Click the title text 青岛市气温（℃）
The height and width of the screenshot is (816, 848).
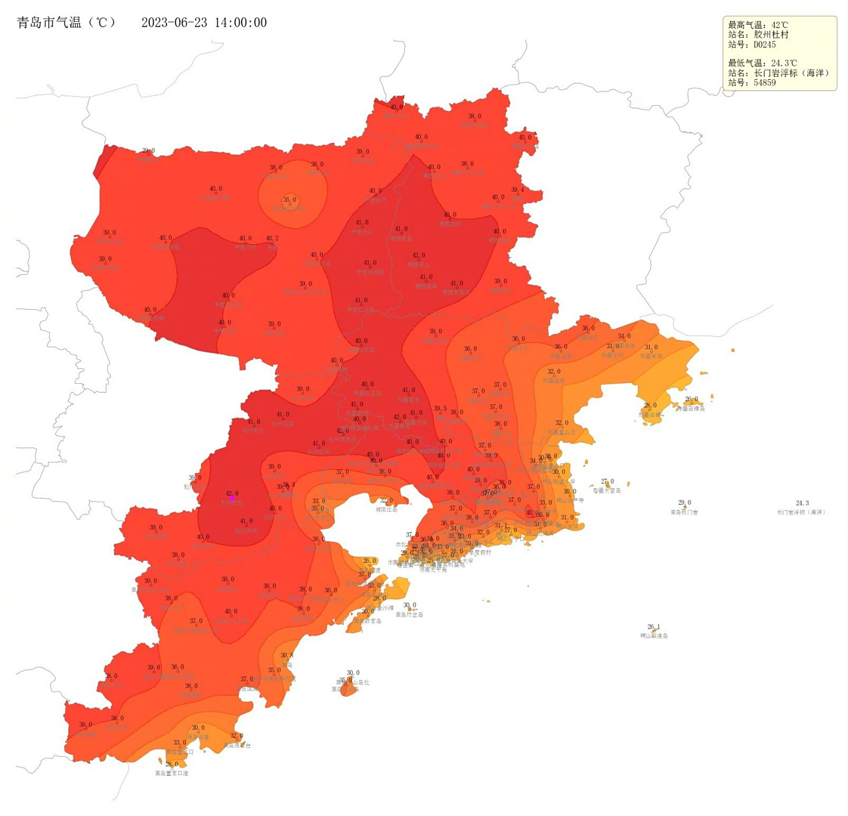(x=66, y=23)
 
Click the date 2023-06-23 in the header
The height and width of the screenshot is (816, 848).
(x=173, y=23)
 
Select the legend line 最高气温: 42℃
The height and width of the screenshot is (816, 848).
(x=758, y=25)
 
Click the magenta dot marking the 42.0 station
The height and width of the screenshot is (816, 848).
(x=232, y=498)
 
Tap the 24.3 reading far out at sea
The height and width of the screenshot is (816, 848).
(x=802, y=503)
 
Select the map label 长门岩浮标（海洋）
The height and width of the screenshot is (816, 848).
(x=801, y=512)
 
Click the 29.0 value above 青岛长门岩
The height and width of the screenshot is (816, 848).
(x=684, y=502)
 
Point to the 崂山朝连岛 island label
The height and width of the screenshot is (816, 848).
(x=654, y=636)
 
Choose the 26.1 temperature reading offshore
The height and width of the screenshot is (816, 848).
(x=654, y=627)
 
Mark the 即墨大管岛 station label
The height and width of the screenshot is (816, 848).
(x=607, y=491)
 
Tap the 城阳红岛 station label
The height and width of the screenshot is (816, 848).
(x=386, y=509)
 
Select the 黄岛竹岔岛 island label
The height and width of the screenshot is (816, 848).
(x=409, y=615)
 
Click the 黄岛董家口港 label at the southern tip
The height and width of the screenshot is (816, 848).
(x=172, y=773)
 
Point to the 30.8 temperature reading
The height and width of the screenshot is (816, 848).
(x=287, y=655)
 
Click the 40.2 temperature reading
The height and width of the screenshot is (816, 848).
(x=272, y=238)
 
